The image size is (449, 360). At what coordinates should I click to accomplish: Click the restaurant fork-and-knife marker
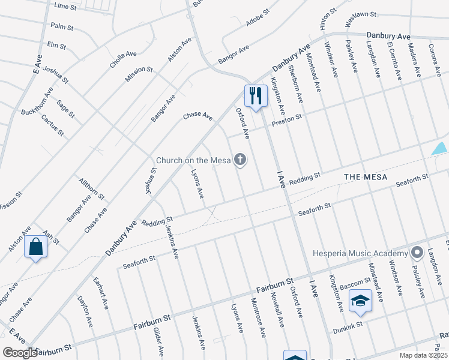256,95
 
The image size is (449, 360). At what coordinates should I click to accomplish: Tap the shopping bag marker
35,247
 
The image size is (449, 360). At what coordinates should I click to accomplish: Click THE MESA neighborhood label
365,177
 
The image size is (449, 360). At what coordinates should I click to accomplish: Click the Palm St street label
61,27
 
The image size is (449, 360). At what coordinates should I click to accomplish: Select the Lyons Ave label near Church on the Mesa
197,184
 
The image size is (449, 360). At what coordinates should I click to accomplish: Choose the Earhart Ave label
101,293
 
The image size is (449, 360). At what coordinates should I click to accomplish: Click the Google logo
20,352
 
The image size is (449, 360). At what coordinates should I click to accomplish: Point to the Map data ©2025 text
423,355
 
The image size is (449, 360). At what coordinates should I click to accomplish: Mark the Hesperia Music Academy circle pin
415,253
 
